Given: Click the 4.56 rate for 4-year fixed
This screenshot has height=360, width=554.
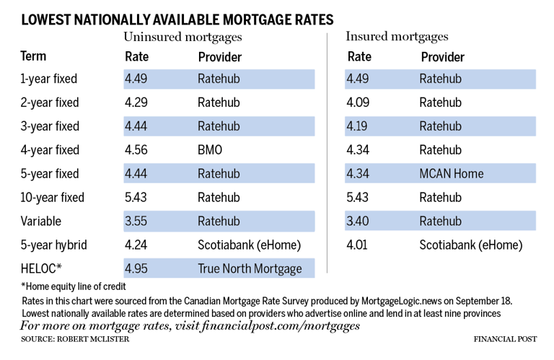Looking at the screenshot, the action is (x=136, y=150).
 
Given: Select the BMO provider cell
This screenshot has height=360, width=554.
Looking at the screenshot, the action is (x=210, y=150).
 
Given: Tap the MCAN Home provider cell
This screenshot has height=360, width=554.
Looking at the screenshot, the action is (x=451, y=173).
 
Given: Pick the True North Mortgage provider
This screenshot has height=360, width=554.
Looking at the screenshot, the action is (x=250, y=268).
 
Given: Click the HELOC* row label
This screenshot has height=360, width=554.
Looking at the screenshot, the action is (x=41, y=268).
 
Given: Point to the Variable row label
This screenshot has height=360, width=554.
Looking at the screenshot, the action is (x=40, y=221).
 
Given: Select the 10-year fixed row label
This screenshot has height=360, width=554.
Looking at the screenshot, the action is (x=52, y=197).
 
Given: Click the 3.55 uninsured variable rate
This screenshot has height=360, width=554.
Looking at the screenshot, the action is (x=136, y=221).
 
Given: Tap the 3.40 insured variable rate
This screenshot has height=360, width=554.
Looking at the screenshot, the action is (x=358, y=221).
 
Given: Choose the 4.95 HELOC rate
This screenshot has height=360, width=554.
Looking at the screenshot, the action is (x=136, y=268).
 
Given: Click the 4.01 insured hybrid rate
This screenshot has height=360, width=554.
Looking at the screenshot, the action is (x=357, y=245).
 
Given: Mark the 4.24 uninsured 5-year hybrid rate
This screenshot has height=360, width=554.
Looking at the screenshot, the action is (x=136, y=245).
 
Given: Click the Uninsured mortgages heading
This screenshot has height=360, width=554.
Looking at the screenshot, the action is (x=183, y=37).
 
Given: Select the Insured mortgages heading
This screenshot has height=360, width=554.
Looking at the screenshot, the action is (x=397, y=36).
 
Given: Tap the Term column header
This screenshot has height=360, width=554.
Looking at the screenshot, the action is (x=33, y=56).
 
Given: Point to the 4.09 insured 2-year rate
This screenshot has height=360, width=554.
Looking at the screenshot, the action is (x=358, y=102).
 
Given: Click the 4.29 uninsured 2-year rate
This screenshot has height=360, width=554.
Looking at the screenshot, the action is (x=136, y=102).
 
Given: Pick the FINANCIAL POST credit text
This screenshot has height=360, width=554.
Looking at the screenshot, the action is (x=505, y=339).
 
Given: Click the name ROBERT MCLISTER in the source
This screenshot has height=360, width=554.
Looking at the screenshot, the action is (x=93, y=339).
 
